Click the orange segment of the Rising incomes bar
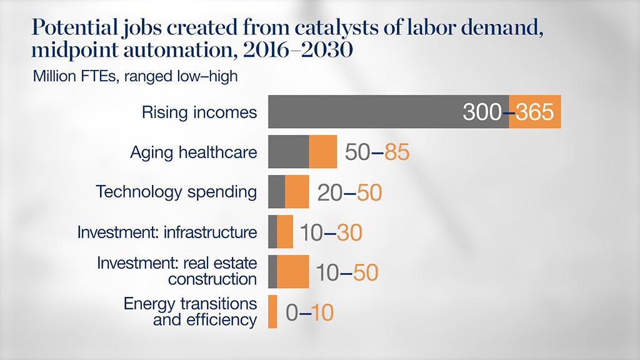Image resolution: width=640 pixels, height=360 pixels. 535,112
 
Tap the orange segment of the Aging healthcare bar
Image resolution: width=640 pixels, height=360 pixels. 323,152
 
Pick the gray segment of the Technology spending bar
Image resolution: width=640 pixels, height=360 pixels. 276,191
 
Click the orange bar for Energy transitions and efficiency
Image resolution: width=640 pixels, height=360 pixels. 272,311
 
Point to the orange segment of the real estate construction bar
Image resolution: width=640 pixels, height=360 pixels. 292,271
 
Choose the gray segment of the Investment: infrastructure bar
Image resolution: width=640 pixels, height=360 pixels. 272,231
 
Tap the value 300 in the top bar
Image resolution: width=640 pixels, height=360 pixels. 482,112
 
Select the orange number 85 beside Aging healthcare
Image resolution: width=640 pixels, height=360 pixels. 396,152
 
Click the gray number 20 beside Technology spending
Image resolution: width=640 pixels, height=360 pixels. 329,192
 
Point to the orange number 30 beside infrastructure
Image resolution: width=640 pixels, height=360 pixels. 349,232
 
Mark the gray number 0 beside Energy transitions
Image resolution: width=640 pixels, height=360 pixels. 291,312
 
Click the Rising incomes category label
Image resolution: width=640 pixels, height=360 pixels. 199,112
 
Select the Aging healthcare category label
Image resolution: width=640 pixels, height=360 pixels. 193,152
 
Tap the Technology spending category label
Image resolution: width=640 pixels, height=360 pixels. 176,191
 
